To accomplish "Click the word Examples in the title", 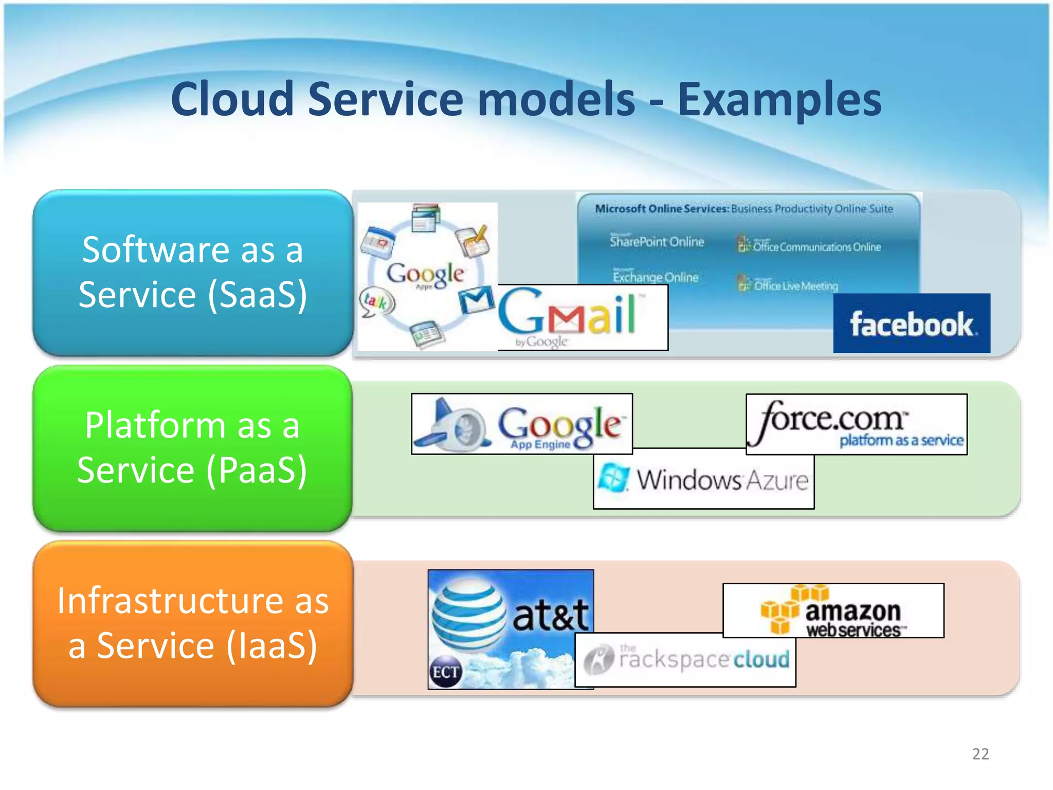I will point(779,99).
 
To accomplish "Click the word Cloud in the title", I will point(232,99).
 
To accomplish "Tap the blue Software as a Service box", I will point(193,273).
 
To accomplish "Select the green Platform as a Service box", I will point(193,448).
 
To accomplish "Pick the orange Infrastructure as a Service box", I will point(193,623).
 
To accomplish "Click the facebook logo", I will point(912,324).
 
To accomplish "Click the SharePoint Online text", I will point(657,242).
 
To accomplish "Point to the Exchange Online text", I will point(656,277).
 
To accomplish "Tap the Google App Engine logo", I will point(522,424).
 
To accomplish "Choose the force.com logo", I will point(856,424).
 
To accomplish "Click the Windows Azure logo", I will point(703,479).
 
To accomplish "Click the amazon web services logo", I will point(833,611).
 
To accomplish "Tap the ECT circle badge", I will point(445,672).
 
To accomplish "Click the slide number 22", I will point(980,754).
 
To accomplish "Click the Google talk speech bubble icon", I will point(376,302).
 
